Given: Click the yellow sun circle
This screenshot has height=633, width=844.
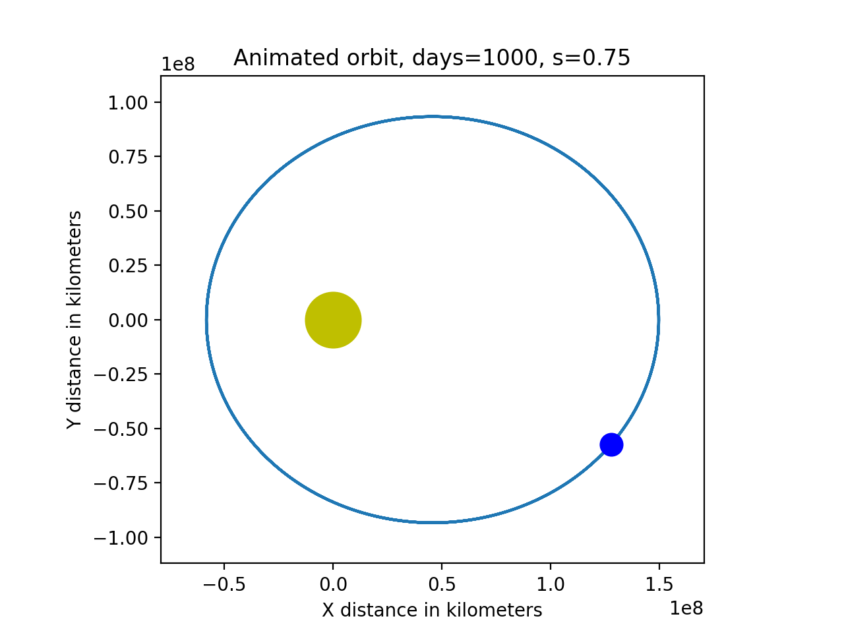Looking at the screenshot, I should tap(333, 320).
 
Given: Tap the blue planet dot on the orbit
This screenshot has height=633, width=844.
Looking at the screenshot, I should tap(611, 445).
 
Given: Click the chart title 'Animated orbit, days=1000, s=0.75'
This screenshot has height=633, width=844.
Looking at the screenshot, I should tap(432, 58).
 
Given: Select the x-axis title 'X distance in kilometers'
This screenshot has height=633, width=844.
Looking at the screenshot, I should tap(432, 611).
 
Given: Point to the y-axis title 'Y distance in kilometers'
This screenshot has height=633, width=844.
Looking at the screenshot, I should tap(75, 320).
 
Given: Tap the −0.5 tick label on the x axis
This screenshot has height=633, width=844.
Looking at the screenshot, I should tap(224, 584).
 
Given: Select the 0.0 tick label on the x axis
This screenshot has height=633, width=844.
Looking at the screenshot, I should tap(333, 584).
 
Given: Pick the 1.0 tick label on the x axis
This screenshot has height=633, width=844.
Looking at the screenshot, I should tap(551, 584).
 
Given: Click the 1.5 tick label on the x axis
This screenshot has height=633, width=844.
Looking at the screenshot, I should tap(659, 584).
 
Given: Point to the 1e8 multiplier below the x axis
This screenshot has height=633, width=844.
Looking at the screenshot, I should tap(686, 609).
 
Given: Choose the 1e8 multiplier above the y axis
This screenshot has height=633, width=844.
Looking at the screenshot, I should tap(178, 65).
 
